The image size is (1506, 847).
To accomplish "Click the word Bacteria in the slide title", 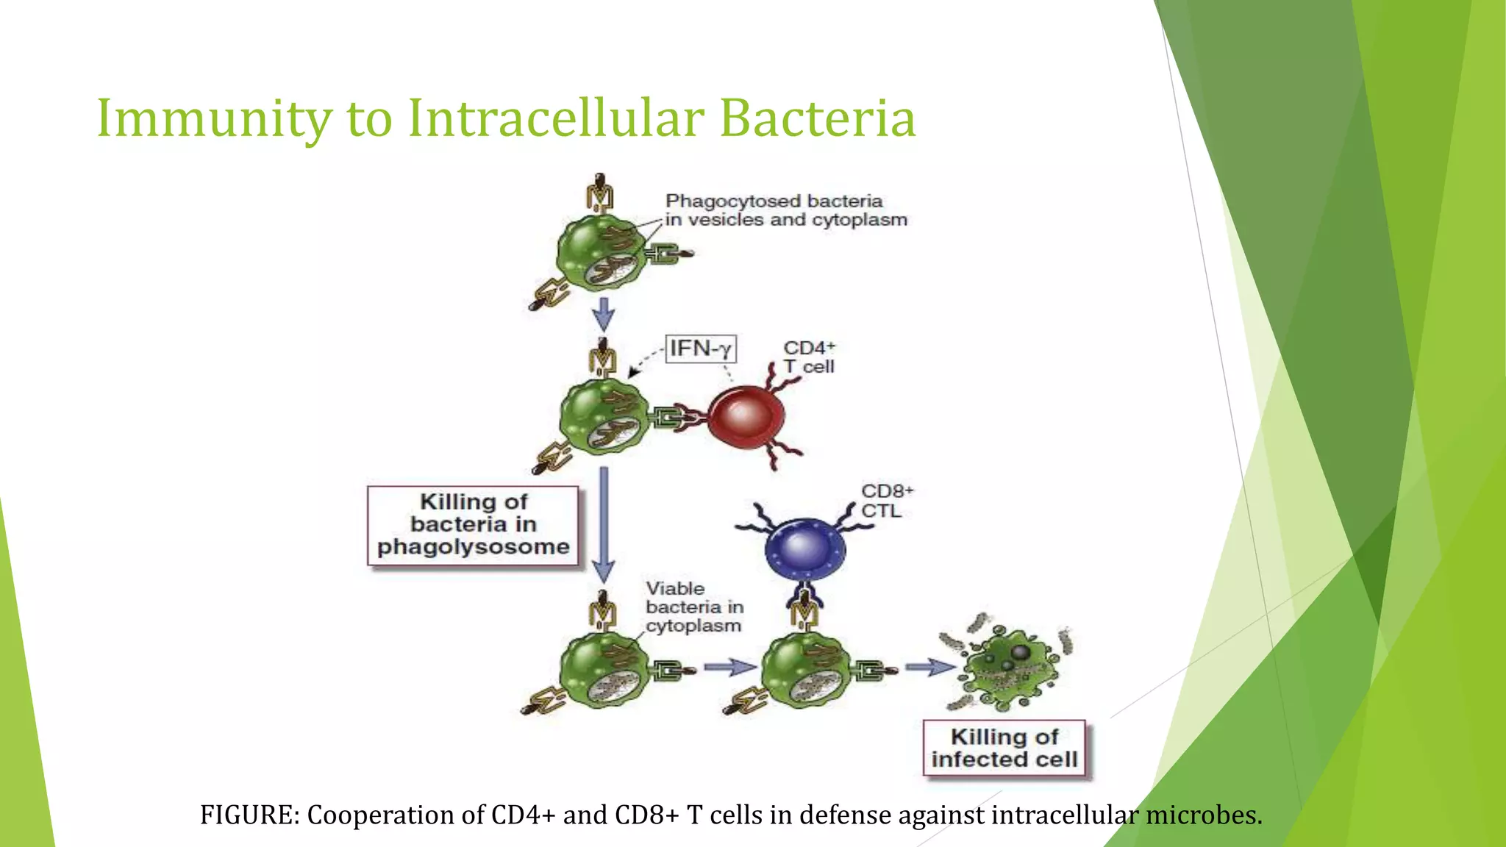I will [817, 119].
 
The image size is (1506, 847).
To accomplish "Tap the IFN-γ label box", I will [700, 349].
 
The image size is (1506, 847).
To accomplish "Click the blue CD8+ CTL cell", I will [805, 548].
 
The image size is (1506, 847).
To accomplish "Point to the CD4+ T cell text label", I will [809, 357].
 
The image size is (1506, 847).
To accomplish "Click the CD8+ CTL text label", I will [887, 501].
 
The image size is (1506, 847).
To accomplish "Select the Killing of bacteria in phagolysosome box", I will [473, 525].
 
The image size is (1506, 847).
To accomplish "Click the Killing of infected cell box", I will [1004, 748].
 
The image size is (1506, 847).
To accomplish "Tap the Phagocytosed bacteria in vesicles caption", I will [785, 210].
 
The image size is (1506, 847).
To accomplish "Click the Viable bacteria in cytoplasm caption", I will [693, 607].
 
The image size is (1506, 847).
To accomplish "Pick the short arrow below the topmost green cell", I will [604, 314].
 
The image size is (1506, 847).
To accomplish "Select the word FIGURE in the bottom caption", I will [249, 815].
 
